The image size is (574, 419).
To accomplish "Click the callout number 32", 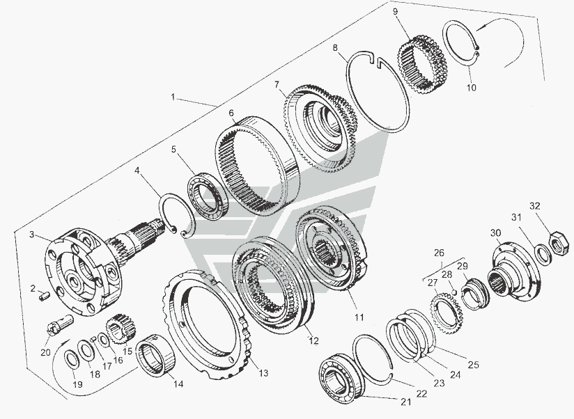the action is click(535, 206).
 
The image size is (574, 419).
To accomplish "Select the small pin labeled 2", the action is click(44, 296).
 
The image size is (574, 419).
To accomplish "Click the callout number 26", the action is click(439, 253).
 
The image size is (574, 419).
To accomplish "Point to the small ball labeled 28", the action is click(454, 292).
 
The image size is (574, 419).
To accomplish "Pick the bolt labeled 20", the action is click(61, 324).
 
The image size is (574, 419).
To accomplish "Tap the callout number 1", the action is click(173, 97).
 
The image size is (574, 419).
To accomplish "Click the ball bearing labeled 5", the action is click(208, 197).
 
